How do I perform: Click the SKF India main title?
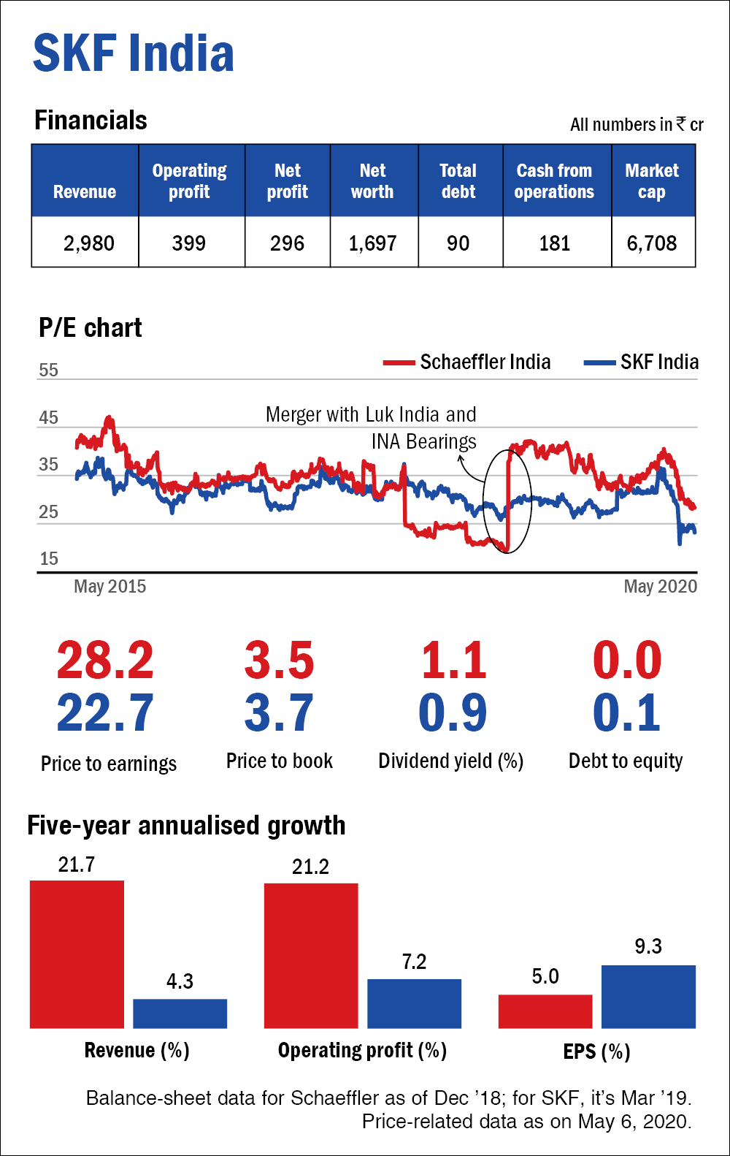134,53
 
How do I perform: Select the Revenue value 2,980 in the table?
88,243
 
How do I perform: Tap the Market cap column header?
652,181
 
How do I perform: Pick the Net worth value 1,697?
372,243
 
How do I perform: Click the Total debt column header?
458,181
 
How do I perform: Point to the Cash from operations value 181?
555,243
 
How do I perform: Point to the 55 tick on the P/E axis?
48,370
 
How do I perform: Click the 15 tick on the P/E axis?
48,559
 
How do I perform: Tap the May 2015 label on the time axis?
110,587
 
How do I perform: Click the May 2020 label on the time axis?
660,587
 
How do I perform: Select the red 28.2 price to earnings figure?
105,661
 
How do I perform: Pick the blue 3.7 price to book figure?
279,713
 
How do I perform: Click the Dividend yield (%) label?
450,761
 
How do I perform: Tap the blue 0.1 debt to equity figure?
626,713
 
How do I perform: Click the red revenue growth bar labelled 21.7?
77,954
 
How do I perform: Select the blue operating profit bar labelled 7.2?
414,1003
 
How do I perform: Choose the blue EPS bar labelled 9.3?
648,997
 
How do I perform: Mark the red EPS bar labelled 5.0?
545,1011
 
